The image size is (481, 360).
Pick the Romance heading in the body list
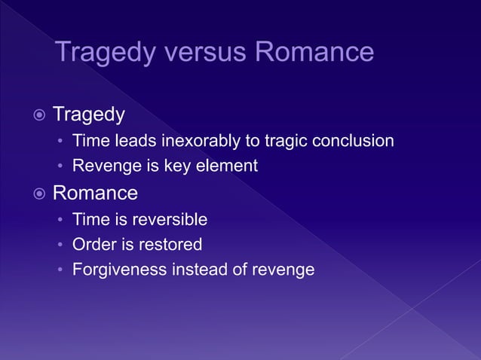coord(95,194)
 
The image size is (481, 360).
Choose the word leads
coord(126,141)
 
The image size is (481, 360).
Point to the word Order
coord(91,245)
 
